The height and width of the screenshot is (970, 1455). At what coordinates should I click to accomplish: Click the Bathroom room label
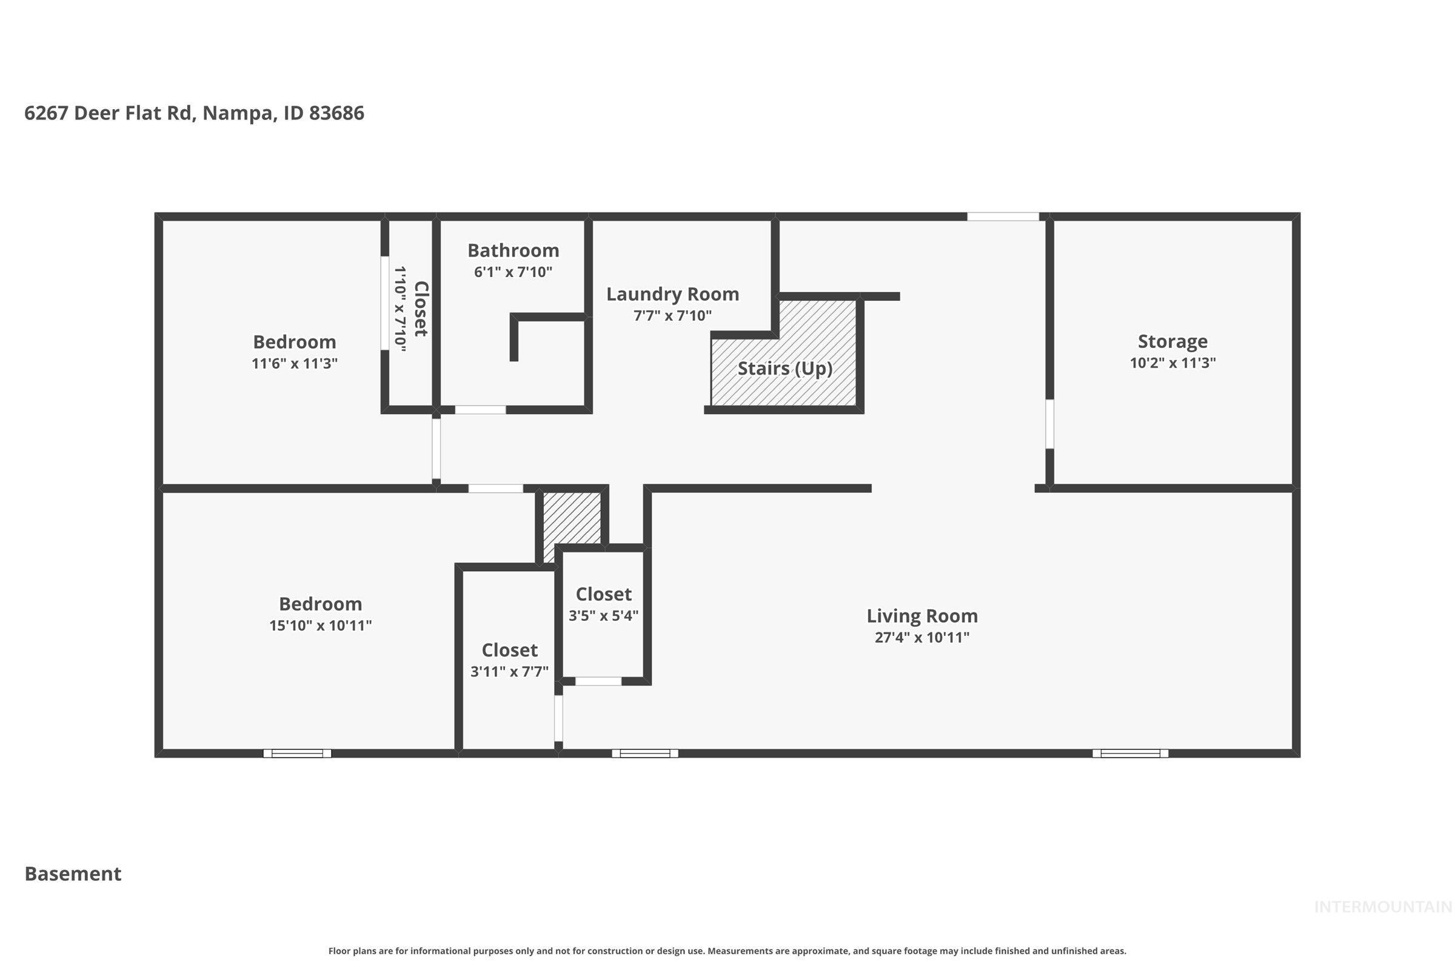(513, 250)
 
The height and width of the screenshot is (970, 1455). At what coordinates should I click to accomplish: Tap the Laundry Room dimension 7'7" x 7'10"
(672, 316)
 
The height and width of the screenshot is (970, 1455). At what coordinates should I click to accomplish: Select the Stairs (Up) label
(784, 369)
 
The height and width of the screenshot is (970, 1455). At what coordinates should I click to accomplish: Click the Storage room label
(1172, 341)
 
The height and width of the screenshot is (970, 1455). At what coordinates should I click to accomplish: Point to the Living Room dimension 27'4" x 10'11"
(921, 638)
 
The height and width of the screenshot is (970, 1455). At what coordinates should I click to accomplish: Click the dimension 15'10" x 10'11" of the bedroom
(321, 626)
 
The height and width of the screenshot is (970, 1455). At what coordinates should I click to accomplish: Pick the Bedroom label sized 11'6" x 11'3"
(295, 342)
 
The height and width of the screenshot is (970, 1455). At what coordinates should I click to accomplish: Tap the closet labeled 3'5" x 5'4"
(603, 595)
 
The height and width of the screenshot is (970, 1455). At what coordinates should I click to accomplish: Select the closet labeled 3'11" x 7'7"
(509, 650)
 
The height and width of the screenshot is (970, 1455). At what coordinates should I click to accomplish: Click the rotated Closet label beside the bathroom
(421, 309)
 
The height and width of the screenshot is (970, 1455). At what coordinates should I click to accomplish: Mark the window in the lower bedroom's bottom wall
(297, 754)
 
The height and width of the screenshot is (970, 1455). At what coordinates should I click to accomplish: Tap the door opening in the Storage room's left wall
(1049, 424)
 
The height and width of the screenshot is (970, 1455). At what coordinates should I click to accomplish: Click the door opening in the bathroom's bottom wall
(481, 410)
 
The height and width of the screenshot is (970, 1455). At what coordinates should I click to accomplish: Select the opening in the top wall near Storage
(1003, 216)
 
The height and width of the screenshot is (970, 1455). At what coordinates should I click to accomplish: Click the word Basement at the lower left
(73, 874)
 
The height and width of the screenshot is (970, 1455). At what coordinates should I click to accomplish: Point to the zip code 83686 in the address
(336, 113)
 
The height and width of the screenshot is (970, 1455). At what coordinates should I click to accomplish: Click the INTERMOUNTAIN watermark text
(1382, 907)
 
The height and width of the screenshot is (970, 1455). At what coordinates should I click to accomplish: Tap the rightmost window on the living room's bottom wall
(1130, 754)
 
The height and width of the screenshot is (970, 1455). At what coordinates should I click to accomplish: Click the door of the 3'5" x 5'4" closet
(598, 681)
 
